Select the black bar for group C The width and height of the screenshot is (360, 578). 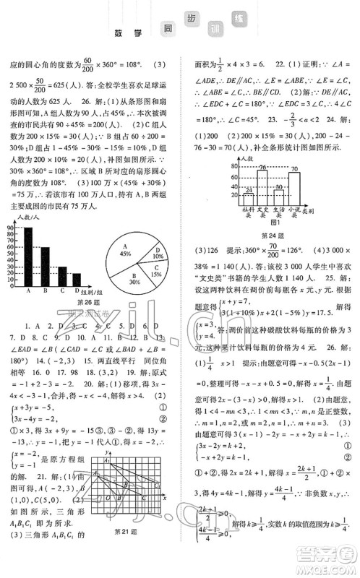coord(61,277)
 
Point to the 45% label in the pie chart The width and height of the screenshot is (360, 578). coord(124,254)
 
